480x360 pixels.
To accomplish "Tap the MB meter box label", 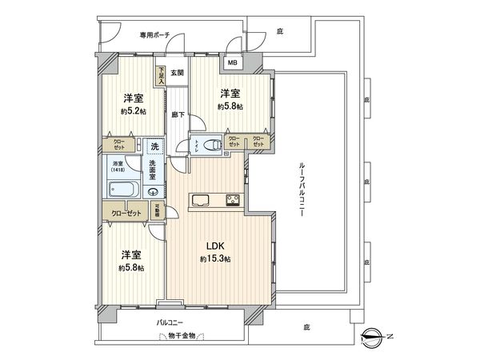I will point(233,62).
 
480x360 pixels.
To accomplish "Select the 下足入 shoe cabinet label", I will point(161,75).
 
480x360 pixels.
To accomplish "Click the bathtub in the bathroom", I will point(122,190).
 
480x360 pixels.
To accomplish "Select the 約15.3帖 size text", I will point(215,259).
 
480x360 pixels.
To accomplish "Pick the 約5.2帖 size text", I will point(133,111).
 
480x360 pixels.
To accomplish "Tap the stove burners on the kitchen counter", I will point(232,200).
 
